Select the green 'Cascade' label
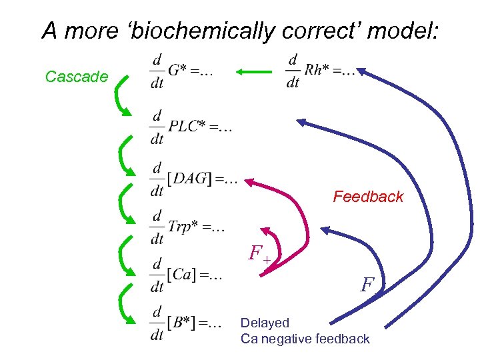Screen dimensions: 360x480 click(x=77, y=77)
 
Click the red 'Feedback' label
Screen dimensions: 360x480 click(x=368, y=197)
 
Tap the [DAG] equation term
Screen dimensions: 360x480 click(x=189, y=179)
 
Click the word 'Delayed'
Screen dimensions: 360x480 click(x=265, y=323)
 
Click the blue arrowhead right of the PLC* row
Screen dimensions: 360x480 click(x=302, y=122)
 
